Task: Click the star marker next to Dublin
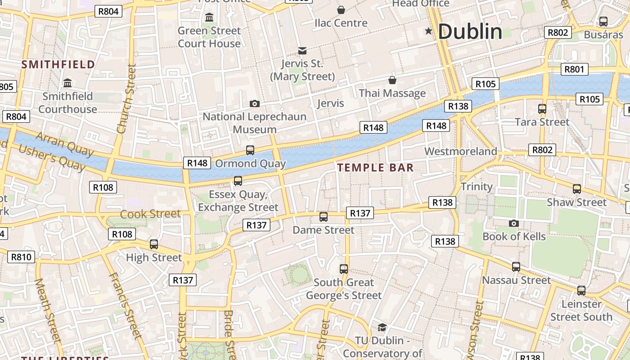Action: (428, 31)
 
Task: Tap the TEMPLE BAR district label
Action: (375, 168)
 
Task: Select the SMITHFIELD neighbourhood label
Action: (58, 64)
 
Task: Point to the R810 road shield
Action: (21, 257)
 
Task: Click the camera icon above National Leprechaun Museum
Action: (254, 104)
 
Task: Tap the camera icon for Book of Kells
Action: (513, 223)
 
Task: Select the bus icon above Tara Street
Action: (542, 108)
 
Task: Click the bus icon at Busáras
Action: (603, 21)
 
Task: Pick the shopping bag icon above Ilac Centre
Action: (341, 9)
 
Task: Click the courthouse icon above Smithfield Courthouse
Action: (67, 83)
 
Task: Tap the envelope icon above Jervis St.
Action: (302, 51)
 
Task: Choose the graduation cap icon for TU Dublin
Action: (382, 327)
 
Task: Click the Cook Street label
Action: (150, 214)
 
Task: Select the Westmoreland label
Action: (460, 151)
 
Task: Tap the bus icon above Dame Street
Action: (323, 217)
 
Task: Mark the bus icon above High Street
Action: (154, 244)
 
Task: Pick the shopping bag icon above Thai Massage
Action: (392, 80)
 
